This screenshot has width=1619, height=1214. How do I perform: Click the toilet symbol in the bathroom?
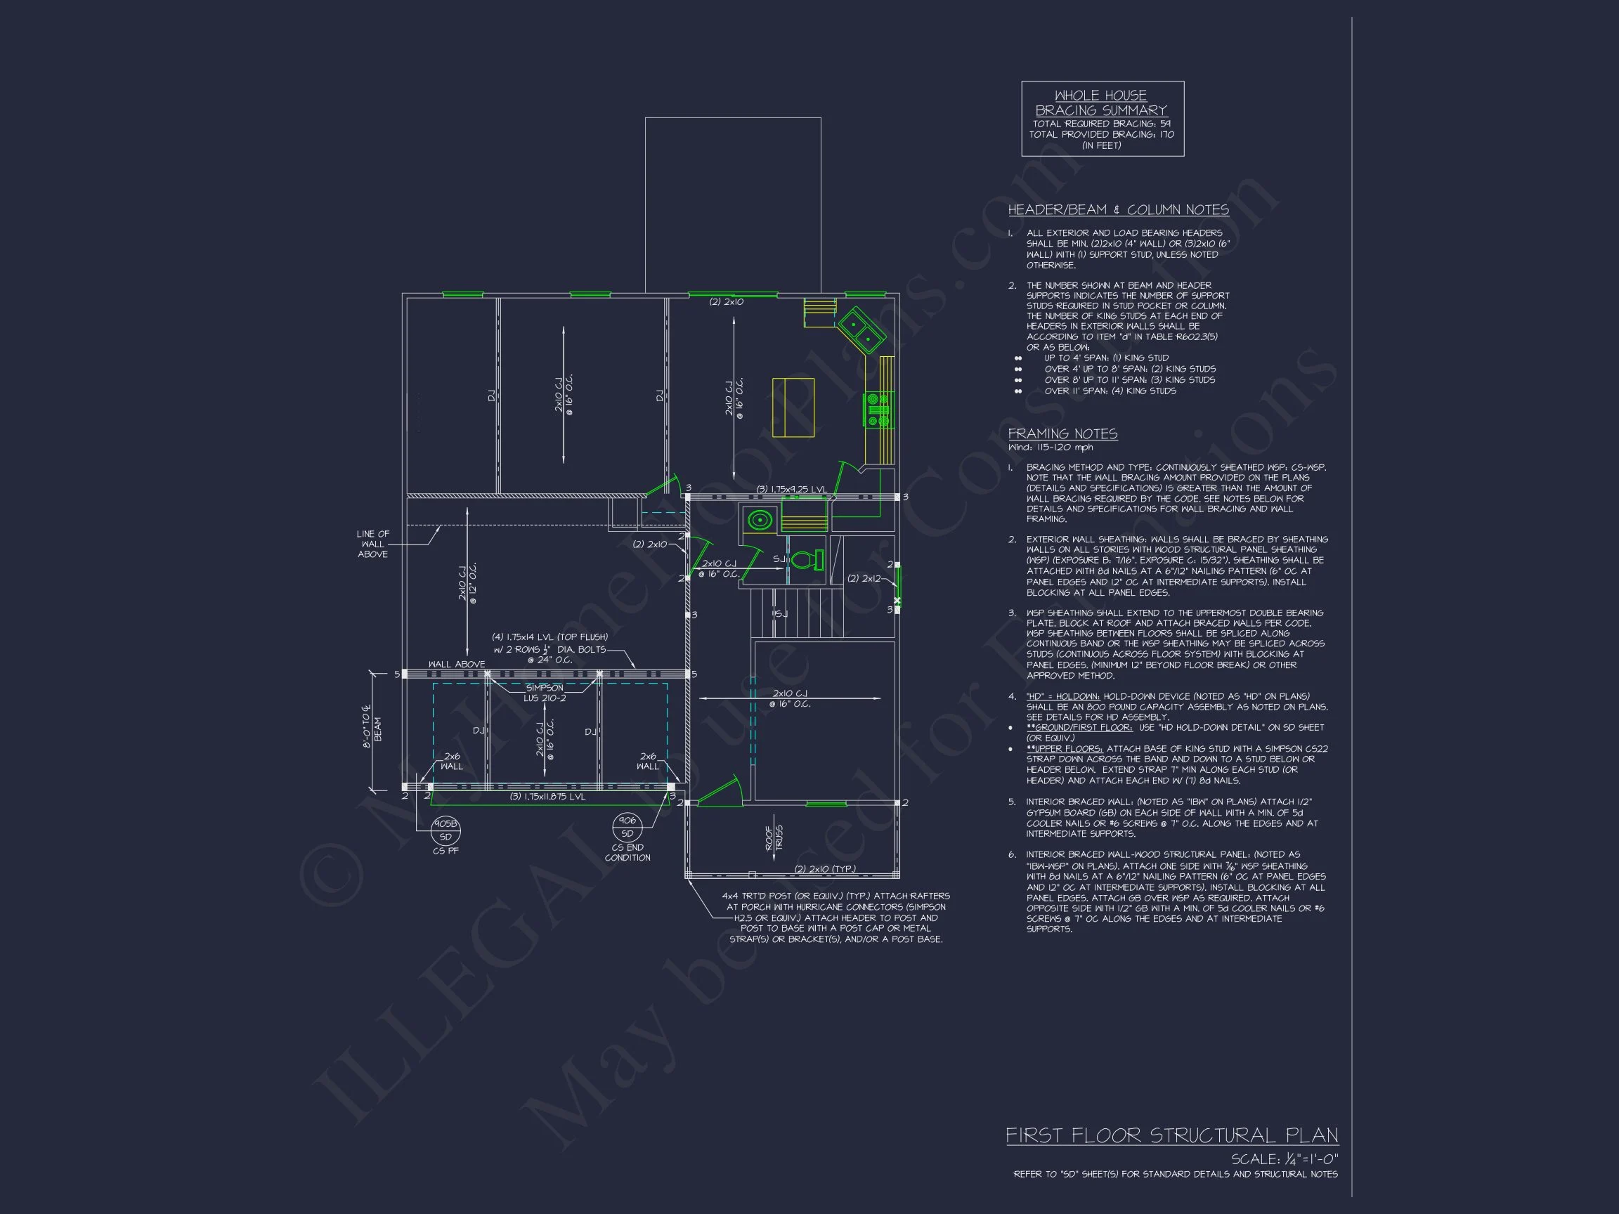(x=807, y=561)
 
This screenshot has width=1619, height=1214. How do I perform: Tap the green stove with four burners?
(x=877, y=410)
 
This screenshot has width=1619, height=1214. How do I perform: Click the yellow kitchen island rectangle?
(x=793, y=407)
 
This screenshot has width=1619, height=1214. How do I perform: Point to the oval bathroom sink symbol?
(x=759, y=521)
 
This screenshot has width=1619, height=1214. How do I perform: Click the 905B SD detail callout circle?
(x=445, y=830)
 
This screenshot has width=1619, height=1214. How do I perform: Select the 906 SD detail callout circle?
(x=628, y=827)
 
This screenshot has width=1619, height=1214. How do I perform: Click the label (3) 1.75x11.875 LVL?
(x=547, y=796)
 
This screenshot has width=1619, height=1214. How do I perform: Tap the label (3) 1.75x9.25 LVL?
(x=791, y=489)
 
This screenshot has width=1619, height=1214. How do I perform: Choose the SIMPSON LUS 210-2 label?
(x=545, y=693)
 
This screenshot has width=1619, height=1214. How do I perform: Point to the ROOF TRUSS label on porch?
(x=774, y=837)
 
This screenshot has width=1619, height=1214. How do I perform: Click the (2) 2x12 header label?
(x=864, y=578)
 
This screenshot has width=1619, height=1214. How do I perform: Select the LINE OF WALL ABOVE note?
(x=372, y=544)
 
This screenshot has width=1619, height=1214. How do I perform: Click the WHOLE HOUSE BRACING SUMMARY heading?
(x=1101, y=103)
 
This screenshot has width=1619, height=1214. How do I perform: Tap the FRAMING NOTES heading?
(x=1062, y=434)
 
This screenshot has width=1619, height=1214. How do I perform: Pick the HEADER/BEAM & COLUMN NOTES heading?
(x=1118, y=210)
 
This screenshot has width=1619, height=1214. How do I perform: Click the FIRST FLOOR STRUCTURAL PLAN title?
(x=1171, y=1136)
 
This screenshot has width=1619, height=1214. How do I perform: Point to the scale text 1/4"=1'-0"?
(x=1285, y=1159)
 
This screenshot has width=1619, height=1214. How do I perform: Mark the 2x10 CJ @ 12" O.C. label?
(x=467, y=582)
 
